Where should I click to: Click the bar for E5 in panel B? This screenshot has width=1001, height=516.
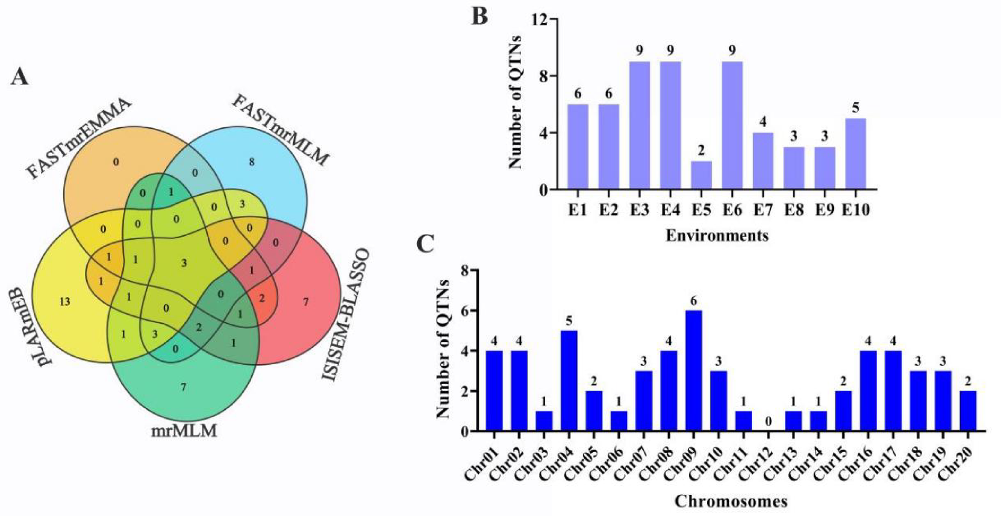coord(701,175)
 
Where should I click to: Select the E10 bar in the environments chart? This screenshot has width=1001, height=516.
coord(855,154)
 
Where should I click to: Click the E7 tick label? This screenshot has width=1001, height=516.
coord(762,210)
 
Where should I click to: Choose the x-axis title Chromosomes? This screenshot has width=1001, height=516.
coord(731,501)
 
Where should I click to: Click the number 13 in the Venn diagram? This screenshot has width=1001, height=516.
coord(64,301)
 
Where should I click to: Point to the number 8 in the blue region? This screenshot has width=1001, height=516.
coord(252,162)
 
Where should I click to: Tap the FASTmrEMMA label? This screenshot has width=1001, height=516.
coord(80,137)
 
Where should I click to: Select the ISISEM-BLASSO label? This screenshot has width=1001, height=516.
coord(346,315)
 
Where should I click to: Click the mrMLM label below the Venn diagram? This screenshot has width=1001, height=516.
coord(184,430)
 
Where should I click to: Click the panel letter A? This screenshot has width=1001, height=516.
coord(20,78)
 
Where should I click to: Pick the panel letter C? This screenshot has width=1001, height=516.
coord(425,244)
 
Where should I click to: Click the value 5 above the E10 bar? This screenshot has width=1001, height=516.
coord(855,109)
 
